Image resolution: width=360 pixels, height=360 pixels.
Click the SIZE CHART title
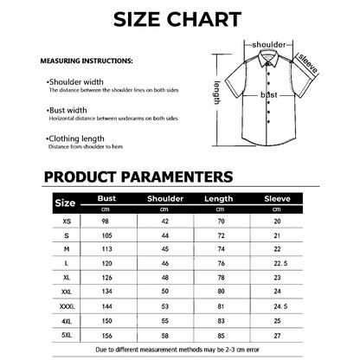click(179, 19)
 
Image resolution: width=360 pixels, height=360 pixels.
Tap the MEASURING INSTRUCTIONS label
click(87, 61)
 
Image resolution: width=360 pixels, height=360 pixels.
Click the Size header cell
click(65, 203)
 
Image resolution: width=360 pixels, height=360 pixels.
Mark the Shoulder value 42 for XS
click(164, 222)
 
